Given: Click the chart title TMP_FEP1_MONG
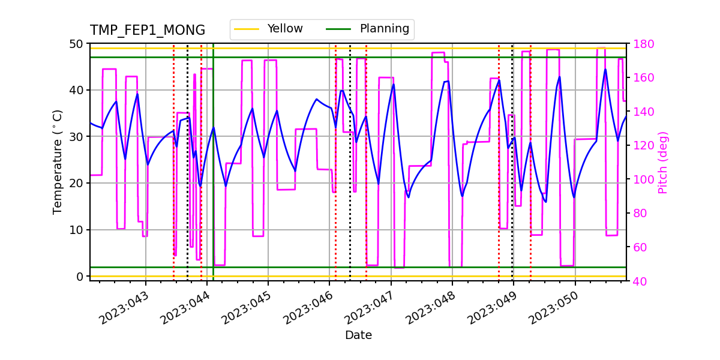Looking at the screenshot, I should pos(148,31).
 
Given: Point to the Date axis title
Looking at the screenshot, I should pos(358,335).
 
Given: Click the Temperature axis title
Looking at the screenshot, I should pos(58,162).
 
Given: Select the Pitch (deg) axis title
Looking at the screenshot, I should pos(662,162).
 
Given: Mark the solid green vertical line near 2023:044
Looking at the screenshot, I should pos(213,180).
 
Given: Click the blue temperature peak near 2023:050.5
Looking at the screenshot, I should pos(605,70).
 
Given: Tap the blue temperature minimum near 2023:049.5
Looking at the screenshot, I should pos(545,202).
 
